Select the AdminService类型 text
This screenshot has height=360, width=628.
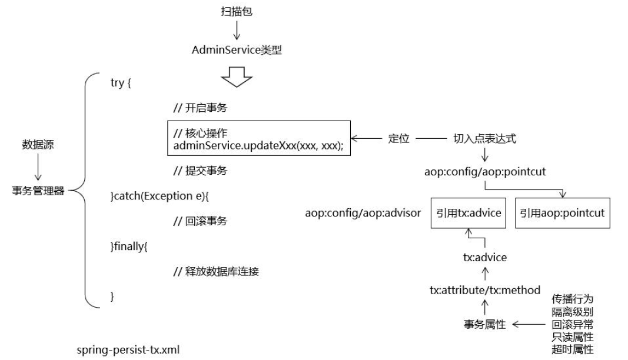237,50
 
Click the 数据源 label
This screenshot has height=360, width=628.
38,145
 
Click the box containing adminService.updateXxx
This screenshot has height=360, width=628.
259,139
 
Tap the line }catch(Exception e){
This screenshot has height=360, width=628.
164,196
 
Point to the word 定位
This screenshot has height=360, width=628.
398,139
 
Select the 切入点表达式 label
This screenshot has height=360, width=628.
484,139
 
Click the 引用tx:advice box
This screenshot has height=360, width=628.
469,213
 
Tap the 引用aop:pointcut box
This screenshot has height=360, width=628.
562,213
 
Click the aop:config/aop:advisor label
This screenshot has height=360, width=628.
363,213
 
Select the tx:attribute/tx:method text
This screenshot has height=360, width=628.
484,290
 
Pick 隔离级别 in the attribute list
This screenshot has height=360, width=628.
572,311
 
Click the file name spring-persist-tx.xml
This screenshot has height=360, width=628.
128,350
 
